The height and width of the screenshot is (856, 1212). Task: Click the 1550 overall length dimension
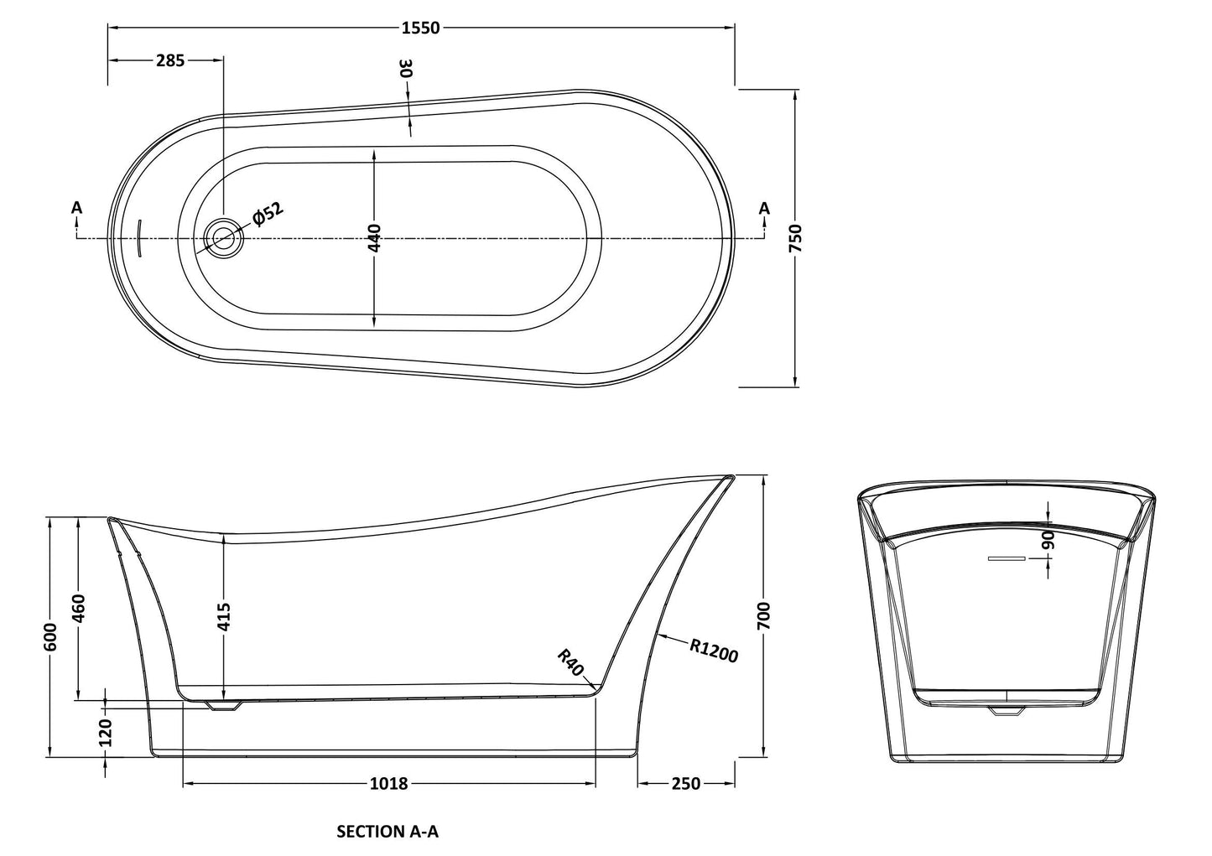click(x=420, y=28)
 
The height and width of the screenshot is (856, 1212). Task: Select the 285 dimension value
click(x=170, y=60)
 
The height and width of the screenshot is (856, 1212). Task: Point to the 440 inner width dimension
click(x=374, y=237)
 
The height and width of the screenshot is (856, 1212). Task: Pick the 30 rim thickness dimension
click(x=407, y=69)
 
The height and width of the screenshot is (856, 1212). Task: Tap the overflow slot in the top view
click(x=138, y=238)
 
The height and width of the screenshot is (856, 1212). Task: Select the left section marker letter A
click(x=77, y=207)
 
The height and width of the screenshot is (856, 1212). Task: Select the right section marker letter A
click(x=763, y=207)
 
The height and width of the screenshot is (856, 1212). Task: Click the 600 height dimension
click(x=51, y=637)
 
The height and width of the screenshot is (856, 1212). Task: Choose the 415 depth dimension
click(x=224, y=618)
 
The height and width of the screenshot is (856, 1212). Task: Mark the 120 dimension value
click(x=106, y=734)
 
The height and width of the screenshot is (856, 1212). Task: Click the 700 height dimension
click(x=764, y=616)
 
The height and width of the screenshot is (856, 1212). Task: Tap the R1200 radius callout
click(x=714, y=651)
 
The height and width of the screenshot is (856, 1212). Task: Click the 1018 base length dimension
click(x=388, y=783)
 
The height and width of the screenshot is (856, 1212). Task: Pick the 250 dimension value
click(x=685, y=783)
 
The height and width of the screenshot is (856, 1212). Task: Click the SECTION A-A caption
click(x=388, y=832)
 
